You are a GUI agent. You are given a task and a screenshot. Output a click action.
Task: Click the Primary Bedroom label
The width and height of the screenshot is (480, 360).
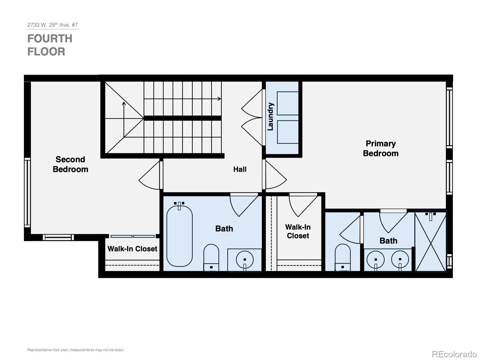(380, 148)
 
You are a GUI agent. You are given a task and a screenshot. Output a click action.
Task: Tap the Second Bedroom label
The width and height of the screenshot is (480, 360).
(70, 164)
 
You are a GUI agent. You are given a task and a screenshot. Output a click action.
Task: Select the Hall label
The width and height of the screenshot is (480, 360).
(240, 169)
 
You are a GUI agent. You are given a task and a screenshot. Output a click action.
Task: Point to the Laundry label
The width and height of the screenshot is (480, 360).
(271, 116)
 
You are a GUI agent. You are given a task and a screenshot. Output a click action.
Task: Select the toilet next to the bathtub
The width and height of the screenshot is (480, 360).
(211, 257)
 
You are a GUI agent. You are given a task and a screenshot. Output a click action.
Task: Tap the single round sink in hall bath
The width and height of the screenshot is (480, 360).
(245, 260)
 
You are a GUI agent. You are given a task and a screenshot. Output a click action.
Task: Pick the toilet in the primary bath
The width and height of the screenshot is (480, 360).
(343, 257)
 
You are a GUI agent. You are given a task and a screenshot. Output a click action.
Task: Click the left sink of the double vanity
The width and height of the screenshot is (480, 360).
(376, 260)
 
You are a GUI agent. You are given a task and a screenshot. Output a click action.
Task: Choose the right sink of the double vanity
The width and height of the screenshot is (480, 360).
(400, 260)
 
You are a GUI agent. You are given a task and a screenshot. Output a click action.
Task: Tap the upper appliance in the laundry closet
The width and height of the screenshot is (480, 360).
(288, 103)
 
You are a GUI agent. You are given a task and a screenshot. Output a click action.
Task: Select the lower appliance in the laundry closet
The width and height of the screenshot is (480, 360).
(288, 132)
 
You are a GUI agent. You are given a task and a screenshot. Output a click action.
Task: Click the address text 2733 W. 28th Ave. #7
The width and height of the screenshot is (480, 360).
(52, 25)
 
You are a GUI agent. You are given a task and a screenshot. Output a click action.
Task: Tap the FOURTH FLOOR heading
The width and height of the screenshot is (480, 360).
(50, 45)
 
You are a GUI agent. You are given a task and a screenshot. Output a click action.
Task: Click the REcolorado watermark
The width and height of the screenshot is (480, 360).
(454, 354)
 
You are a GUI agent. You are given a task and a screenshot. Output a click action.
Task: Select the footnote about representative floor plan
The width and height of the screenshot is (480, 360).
(75, 350)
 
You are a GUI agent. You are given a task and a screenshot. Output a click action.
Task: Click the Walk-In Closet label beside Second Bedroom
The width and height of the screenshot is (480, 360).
(132, 249)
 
